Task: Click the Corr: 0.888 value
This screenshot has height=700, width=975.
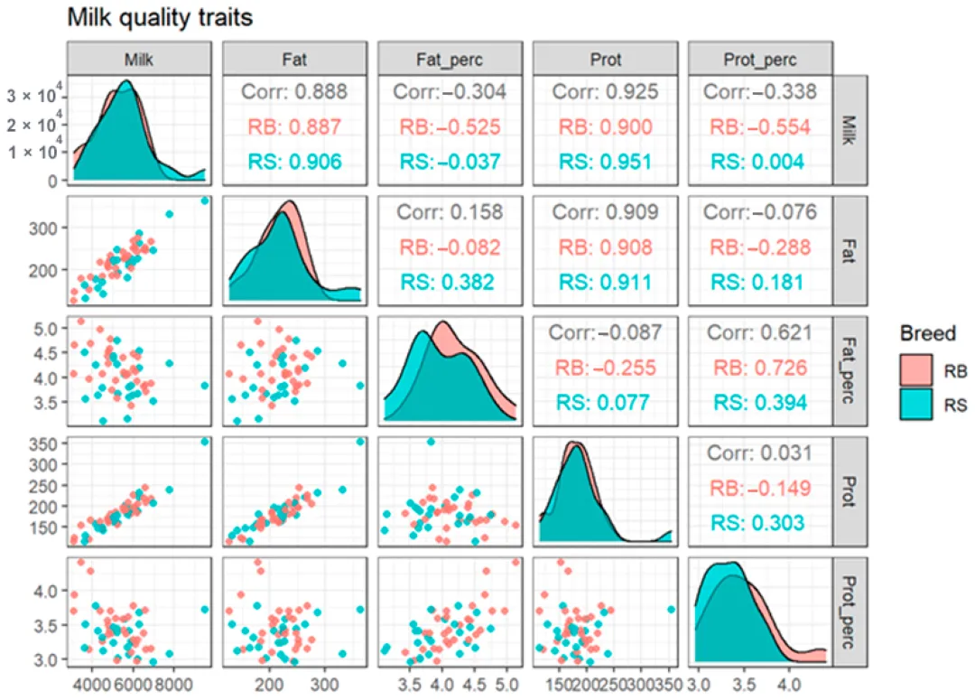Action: click(x=293, y=91)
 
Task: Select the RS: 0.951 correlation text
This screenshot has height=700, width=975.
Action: click(x=601, y=161)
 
